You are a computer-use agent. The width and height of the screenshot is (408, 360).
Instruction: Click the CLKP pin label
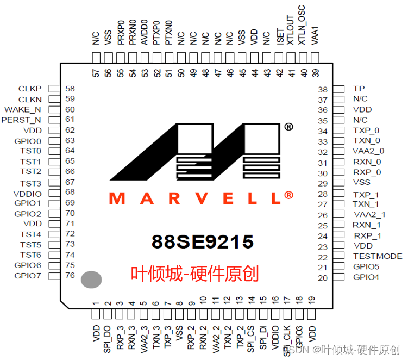30,89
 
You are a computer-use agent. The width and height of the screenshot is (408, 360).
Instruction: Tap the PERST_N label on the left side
22,120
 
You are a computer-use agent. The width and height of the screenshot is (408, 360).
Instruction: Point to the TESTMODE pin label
377,256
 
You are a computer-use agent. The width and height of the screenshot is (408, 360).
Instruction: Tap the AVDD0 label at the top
144,32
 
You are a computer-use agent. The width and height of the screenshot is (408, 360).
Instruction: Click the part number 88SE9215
203,241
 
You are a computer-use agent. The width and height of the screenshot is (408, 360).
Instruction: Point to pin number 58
70,89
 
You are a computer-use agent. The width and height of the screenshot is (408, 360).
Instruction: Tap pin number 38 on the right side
323,89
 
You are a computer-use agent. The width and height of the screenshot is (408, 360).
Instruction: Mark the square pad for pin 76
54,276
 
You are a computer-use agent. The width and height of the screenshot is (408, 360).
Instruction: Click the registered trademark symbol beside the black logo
288,127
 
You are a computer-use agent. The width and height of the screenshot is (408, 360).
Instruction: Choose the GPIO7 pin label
28,276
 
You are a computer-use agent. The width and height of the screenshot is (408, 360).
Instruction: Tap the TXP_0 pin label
366,131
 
